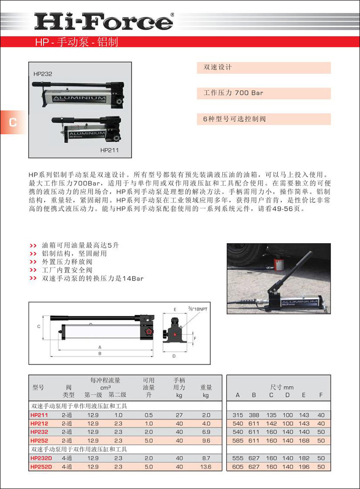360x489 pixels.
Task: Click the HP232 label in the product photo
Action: pos(43,73)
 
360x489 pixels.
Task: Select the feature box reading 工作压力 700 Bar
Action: pos(264,93)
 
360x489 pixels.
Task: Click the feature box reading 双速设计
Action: pos(264,68)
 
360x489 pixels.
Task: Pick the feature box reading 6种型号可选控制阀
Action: pos(264,119)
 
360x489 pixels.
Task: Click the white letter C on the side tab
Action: pos(12,122)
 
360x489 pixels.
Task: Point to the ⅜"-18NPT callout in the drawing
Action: pos(196,309)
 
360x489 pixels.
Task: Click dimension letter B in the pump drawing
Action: pos(100,353)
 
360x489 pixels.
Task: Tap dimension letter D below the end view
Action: pos(174,356)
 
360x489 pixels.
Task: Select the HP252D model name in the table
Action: pos(41,467)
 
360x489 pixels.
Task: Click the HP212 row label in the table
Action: pos(39,423)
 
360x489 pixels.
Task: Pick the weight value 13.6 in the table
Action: pos(206,467)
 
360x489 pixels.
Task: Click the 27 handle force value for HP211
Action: pos(179,415)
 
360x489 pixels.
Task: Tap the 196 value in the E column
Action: pos(304,467)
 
